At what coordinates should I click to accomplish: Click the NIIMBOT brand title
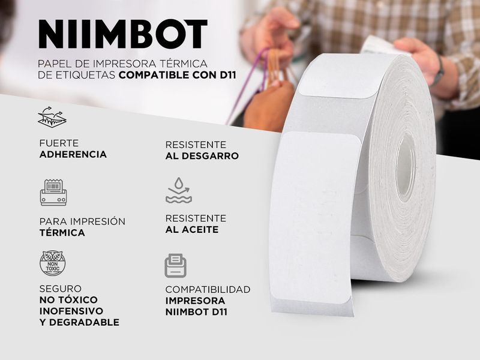coord(123,34)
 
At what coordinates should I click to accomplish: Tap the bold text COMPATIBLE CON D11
coord(177,75)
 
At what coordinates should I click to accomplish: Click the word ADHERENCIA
coord(73,154)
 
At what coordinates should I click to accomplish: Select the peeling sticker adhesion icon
coord(52,116)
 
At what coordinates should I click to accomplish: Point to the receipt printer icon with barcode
coord(53,192)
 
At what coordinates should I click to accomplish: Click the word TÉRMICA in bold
coord(62,233)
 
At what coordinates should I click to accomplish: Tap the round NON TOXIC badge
coord(53,263)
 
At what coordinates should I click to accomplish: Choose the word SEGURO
coord(61,289)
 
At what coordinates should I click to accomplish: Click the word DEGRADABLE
coord(84,322)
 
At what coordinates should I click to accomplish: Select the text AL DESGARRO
coord(202,156)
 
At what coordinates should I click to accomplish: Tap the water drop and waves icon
coord(179,190)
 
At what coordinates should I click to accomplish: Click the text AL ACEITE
coord(192,230)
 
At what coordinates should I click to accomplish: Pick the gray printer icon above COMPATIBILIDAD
coord(175,266)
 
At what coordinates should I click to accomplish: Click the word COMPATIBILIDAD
coord(208,289)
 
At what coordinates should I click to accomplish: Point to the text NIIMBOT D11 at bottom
coord(196,312)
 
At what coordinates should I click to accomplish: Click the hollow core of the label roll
coord(406,168)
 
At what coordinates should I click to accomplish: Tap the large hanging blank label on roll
coord(316,218)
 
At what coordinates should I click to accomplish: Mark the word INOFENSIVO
coord(71,311)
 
